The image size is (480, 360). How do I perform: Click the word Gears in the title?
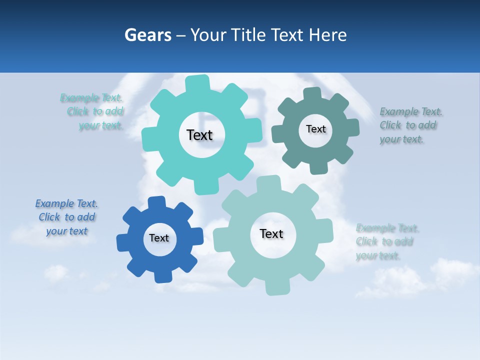click(147, 35)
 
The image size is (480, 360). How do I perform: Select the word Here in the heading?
click(327, 35)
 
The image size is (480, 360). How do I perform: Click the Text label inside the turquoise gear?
click(199, 135)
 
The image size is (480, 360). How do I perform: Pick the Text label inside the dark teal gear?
click(315, 129)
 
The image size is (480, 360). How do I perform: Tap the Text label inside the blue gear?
click(159, 238)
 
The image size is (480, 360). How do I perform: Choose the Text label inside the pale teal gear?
click(271, 233)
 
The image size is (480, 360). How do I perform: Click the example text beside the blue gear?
click(66, 217)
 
